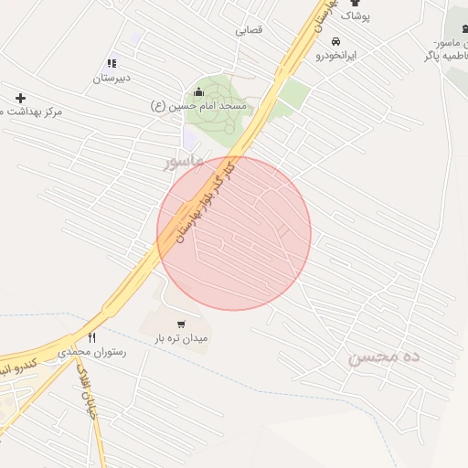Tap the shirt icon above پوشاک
pos(355,3)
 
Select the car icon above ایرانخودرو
pos(335,41)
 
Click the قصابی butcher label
pos(249,30)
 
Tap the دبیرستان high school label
pos(112,78)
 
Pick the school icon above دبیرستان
pos(112,63)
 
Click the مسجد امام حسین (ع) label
pos(199,106)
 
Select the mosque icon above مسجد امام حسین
pos(199,91)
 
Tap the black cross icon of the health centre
pos(20,97)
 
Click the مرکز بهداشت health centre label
pos(31,111)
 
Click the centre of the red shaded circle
pos(234,233)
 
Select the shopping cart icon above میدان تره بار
pos(182,324)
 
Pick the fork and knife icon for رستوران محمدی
pos(91,337)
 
